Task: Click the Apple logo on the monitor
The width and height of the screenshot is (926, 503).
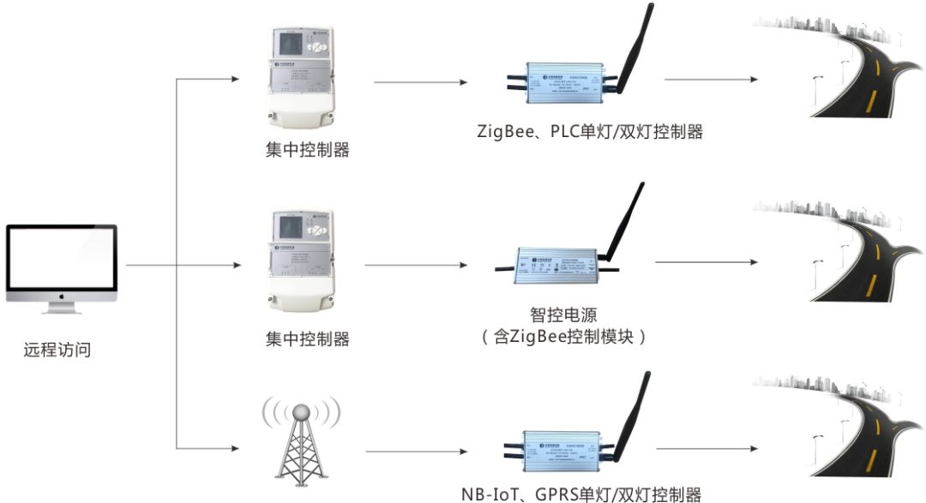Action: [x=62, y=295]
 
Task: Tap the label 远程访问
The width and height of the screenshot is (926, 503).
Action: [x=57, y=350]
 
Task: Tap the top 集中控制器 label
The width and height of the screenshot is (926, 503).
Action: [x=307, y=150]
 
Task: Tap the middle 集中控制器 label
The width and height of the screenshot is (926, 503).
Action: [x=307, y=338]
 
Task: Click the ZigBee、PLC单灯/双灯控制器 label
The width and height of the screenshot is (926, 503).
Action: [x=590, y=132]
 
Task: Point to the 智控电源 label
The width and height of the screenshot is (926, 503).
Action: [x=564, y=315]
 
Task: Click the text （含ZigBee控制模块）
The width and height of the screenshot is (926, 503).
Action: [x=563, y=337]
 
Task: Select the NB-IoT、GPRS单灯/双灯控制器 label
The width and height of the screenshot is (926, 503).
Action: [x=581, y=494]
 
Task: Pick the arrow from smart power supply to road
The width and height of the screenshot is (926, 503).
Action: [x=703, y=263]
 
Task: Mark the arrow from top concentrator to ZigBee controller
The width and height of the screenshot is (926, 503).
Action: [x=420, y=82]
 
